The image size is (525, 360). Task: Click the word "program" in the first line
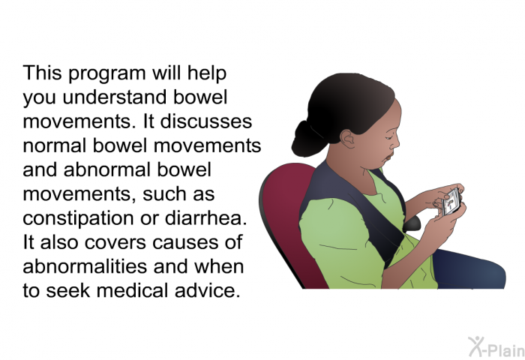(x=107, y=74)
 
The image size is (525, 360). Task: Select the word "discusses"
(x=206, y=121)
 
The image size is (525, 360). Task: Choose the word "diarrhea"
(x=205, y=218)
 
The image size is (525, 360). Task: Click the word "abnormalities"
(x=85, y=266)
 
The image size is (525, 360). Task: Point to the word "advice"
(x=208, y=290)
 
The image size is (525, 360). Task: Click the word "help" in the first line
(x=207, y=74)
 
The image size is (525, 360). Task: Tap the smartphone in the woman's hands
(x=451, y=202)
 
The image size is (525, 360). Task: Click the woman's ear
(x=348, y=139)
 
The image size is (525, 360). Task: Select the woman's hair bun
(x=306, y=139)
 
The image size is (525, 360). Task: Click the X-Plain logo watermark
(x=496, y=346)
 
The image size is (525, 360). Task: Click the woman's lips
(x=389, y=157)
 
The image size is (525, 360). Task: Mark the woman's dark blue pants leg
(x=469, y=269)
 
